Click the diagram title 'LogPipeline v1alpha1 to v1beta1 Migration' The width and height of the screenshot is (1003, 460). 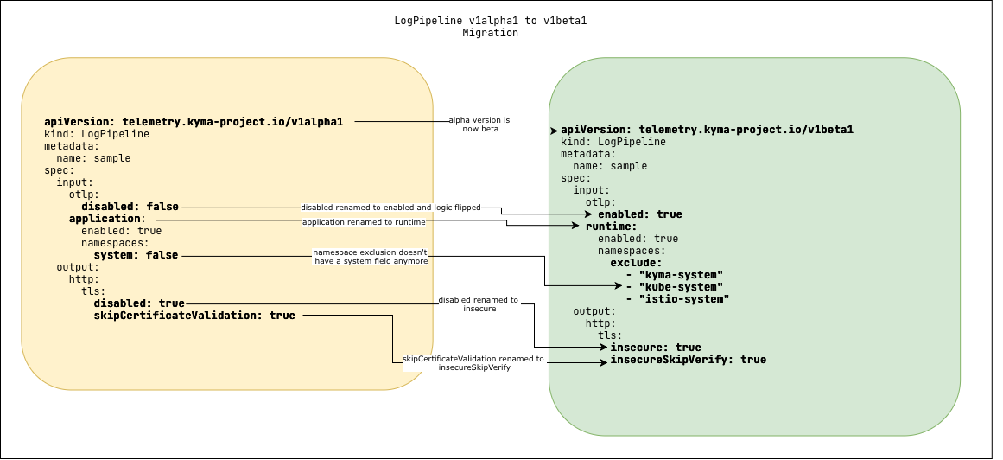(x=490, y=27)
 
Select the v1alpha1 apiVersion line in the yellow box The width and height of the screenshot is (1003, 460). (x=194, y=122)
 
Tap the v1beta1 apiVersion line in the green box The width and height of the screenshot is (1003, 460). (x=707, y=130)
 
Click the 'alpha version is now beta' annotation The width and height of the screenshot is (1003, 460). (x=479, y=125)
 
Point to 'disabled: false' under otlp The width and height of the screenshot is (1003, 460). (x=130, y=207)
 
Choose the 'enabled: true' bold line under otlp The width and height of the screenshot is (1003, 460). (x=639, y=214)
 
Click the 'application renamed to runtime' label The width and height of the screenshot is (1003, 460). (x=364, y=222)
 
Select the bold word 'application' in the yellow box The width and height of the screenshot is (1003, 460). (x=105, y=219)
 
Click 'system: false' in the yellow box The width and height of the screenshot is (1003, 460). (x=136, y=255)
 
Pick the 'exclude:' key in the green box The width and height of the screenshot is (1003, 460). (x=636, y=263)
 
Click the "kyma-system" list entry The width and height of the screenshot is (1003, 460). (x=680, y=275)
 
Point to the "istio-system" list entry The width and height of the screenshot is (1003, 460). (x=683, y=299)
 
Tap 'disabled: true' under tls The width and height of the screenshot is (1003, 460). (x=139, y=303)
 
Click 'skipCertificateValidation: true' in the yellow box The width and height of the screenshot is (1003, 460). (x=194, y=316)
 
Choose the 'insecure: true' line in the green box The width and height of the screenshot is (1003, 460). (x=656, y=348)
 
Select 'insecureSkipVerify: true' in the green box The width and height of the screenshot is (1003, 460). (x=688, y=360)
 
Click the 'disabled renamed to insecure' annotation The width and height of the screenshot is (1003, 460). (x=478, y=303)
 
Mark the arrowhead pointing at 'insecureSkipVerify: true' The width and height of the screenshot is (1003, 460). (x=604, y=362)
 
